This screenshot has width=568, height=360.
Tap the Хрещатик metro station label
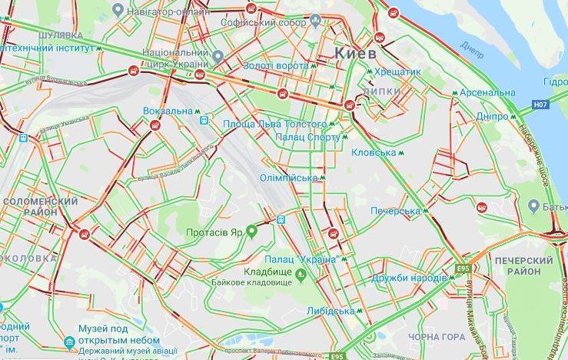398,72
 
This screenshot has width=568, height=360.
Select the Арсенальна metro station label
487,93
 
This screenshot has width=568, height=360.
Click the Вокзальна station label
168,111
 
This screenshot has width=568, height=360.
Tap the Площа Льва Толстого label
274,123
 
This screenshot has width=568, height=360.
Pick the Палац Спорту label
307,137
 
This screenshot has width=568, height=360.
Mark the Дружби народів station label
408,277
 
